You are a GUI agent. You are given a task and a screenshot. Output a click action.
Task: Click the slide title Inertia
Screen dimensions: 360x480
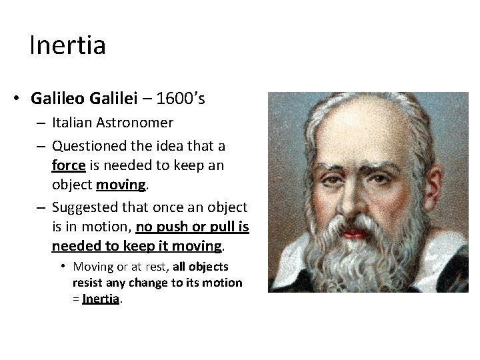67,45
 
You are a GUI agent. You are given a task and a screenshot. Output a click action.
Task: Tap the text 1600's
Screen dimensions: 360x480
181,99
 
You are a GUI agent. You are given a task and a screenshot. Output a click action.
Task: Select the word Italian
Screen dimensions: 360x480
73,123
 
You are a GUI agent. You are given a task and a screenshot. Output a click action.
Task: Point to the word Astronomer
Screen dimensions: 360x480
135,123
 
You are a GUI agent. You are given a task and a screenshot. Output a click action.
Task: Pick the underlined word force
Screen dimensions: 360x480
68,165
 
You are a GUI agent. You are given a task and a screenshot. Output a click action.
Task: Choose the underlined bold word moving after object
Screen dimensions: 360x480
121,183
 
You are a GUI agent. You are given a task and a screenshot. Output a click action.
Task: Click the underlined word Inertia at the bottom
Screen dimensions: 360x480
101,299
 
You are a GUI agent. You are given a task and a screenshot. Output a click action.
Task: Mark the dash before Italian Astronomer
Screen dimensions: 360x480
41,123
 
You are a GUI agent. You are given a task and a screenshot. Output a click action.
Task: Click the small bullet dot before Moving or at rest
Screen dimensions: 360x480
63,267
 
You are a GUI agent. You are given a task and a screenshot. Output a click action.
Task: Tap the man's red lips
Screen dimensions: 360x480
355,233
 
